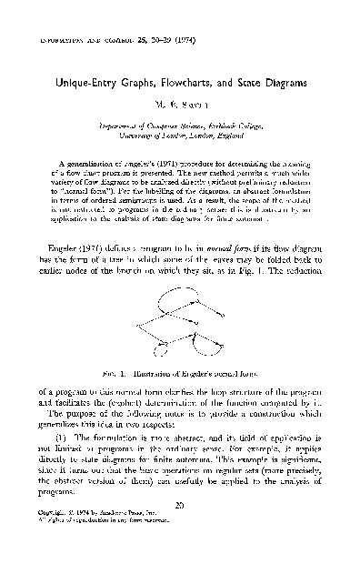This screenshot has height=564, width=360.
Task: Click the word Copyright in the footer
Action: pyautogui.click(x=59, y=545)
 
